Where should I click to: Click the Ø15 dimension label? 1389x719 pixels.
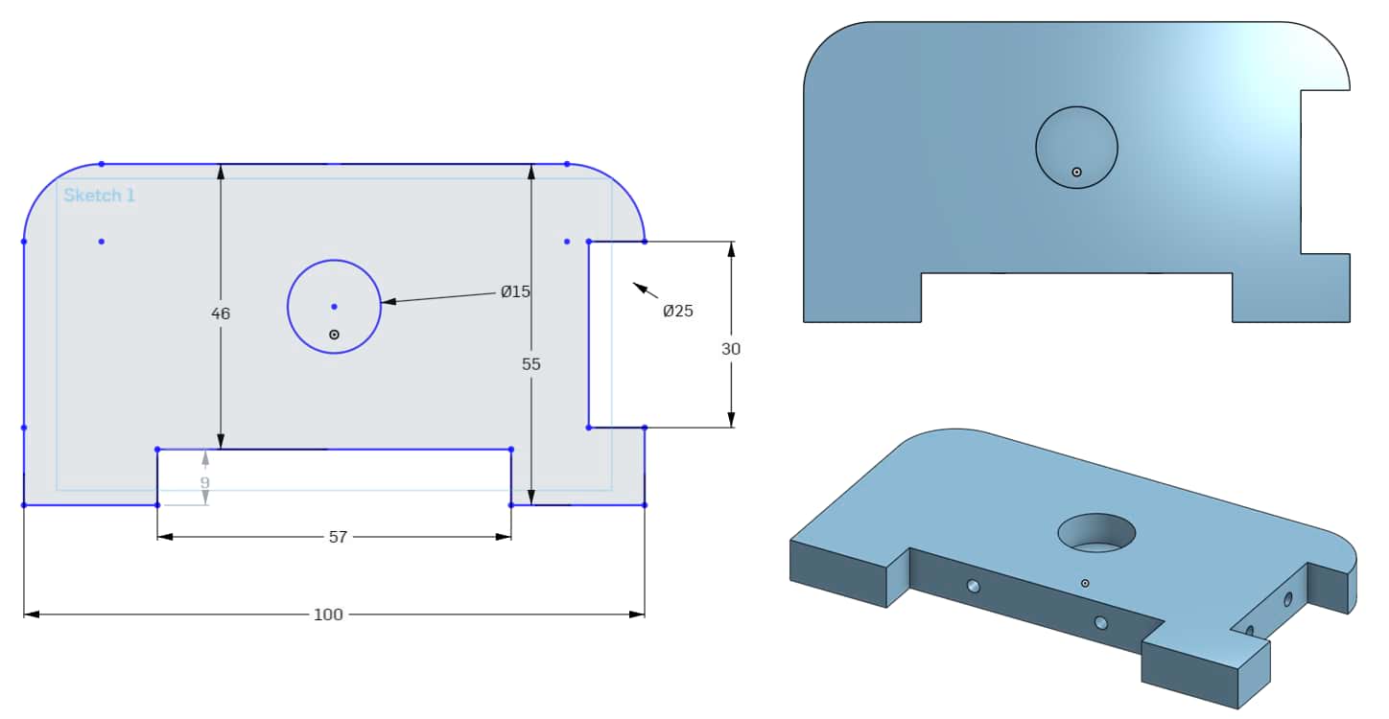(x=515, y=291)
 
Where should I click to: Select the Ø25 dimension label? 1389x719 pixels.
(x=677, y=311)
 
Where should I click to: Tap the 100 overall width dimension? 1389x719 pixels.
(x=328, y=615)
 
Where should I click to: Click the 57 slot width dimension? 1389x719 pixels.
(x=338, y=537)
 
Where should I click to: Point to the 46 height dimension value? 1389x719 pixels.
(x=221, y=313)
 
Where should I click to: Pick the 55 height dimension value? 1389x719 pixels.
(x=531, y=364)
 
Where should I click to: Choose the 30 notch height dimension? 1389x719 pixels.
(x=731, y=349)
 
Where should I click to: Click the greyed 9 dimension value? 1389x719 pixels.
(x=204, y=482)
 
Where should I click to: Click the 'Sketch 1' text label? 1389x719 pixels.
(x=99, y=196)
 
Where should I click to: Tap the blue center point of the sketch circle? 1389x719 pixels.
(x=334, y=307)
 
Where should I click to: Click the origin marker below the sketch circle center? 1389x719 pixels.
(x=334, y=335)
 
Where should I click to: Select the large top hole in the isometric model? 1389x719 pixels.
(x=1096, y=532)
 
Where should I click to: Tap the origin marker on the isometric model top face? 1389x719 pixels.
(x=1085, y=583)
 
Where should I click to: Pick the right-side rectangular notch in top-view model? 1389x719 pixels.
(x=1325, y=172)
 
